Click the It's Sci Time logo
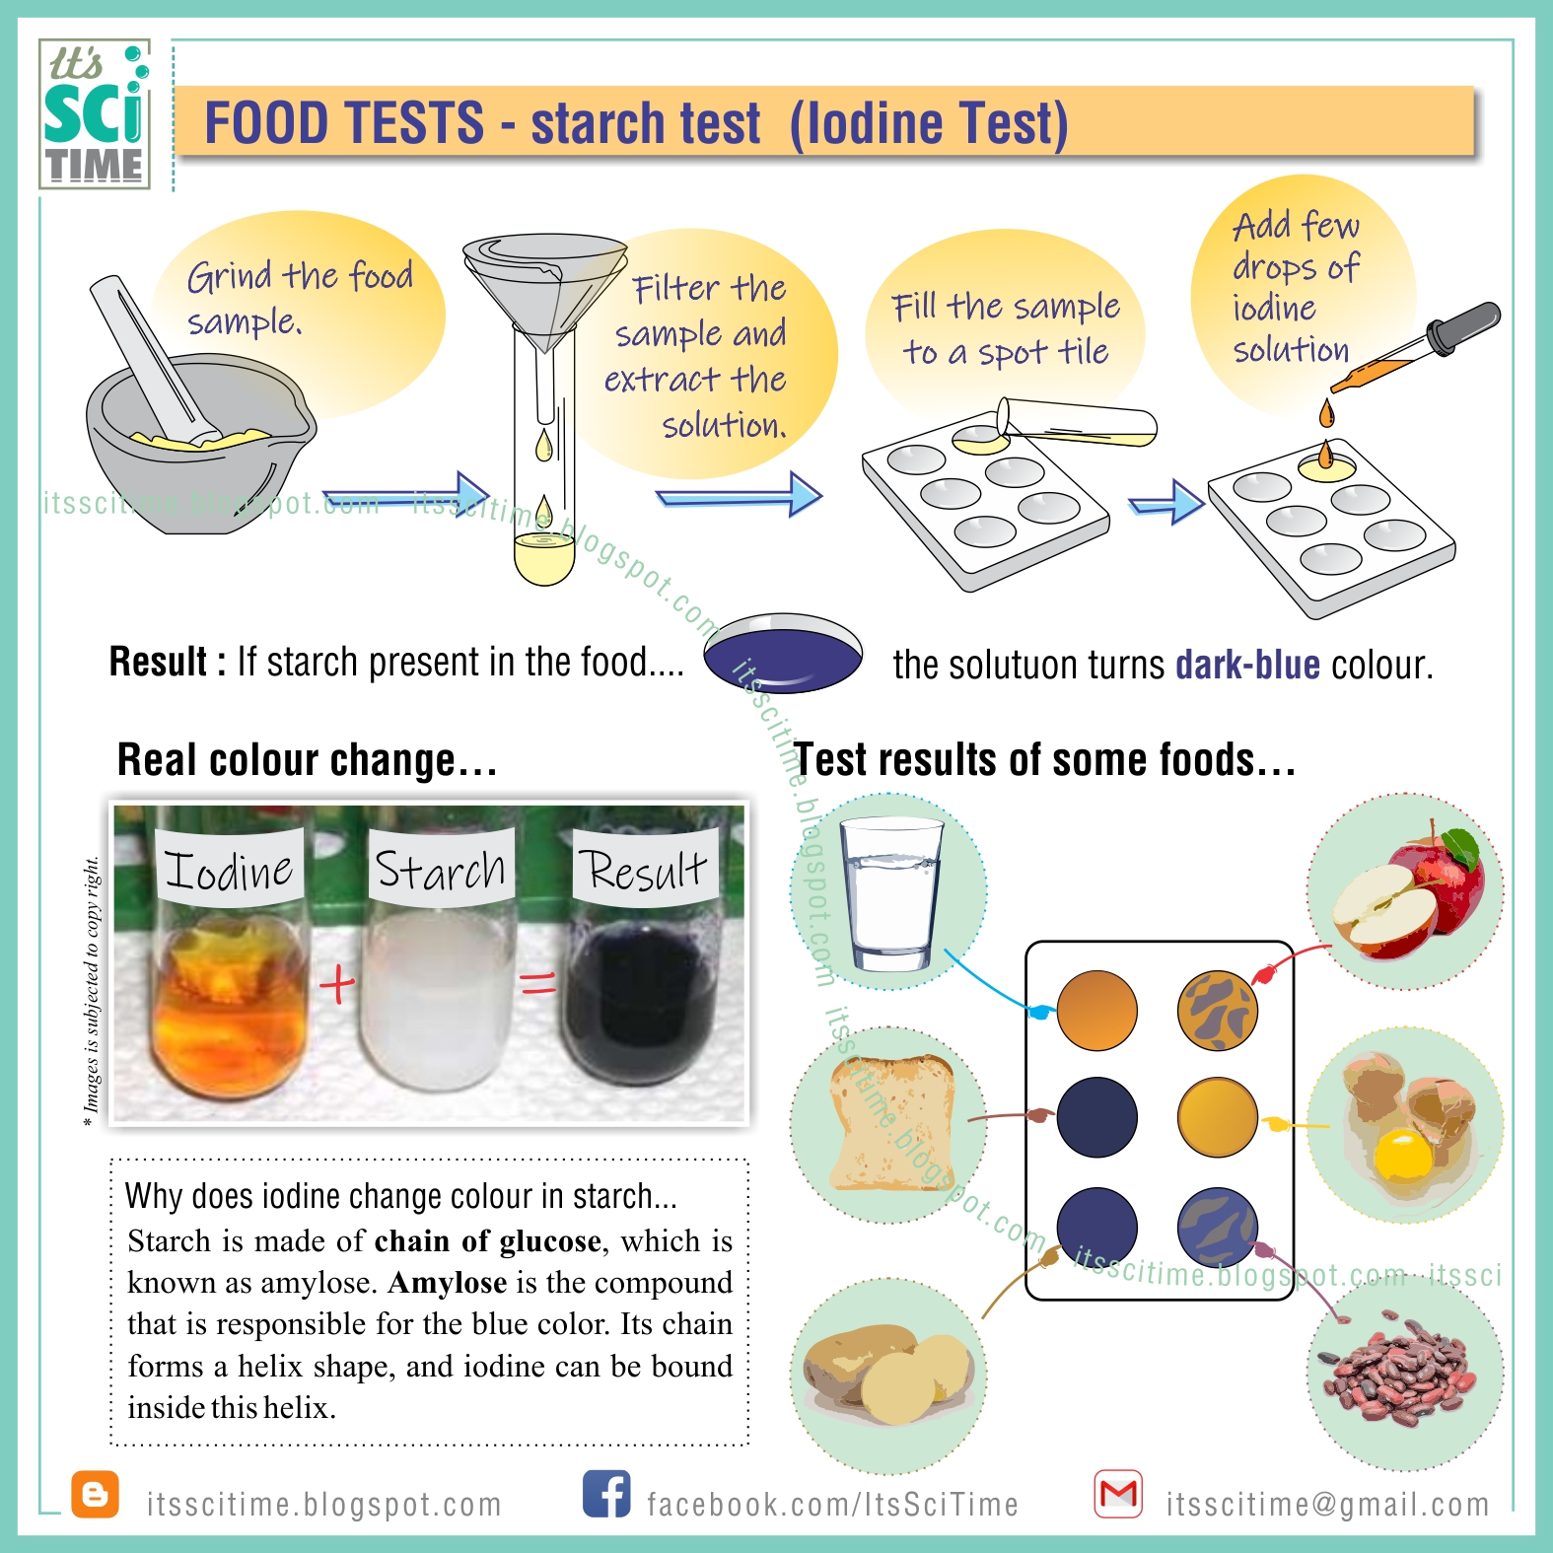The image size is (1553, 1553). click(95, 114)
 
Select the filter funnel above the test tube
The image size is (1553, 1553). click(544, 286)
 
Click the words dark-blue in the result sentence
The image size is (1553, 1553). click(1247, 666)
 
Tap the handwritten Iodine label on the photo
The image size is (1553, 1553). click(229, 870)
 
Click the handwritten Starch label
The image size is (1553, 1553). click(441, 870)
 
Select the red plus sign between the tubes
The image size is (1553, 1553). click(337, 983)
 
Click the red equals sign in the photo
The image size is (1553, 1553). click(538, 982)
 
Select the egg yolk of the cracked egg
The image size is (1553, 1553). click(1402, 1154)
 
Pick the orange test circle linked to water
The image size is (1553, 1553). click(1096, 1011)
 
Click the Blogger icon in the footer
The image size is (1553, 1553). click(96, 1495)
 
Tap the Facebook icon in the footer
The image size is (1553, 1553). click(606, 1494)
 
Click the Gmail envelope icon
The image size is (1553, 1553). click(1118, 1495)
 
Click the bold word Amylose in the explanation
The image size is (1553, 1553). click(448, 1283)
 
